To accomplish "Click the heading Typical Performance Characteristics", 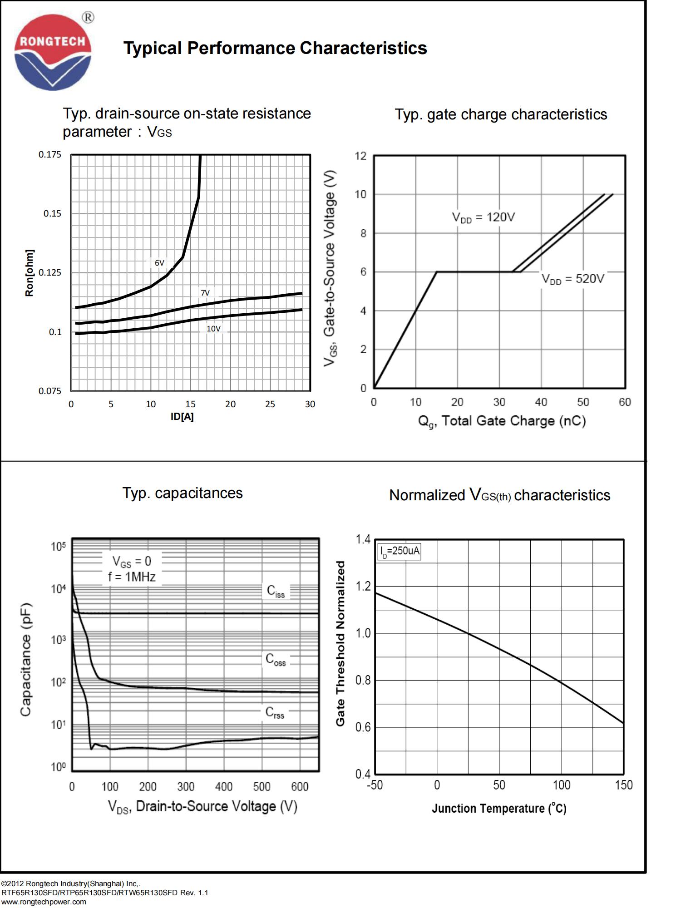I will click(x=275, y=48).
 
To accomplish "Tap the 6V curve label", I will click(x=159, y=263).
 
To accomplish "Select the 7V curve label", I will click(x=205, y=293).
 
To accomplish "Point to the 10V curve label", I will click(x=213, y=329).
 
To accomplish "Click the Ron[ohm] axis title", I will click(x=30, y=273).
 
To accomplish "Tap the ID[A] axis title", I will click(x=182, y=417).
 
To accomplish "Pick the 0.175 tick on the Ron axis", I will click(x=49, y=154).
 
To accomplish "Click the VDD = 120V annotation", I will click(x=483, y=217).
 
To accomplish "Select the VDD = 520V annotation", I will click(x=572, y=279).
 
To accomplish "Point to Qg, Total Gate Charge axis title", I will click(x=502, y=421).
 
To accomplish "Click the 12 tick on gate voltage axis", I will click(x=360, y=156).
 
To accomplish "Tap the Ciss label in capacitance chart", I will click(x=276, y=591).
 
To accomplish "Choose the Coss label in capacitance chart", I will click(x=276, y=659).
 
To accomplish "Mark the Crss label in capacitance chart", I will click(x=275, y=712).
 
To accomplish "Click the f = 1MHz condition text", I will click(x=132, y=577).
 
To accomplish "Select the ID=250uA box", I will click(x=399, y=552).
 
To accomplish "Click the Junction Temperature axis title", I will click(x=499, y=809).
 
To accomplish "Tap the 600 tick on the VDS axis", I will click(x=300, y=786).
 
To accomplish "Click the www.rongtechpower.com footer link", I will click(x=44, y=902).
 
